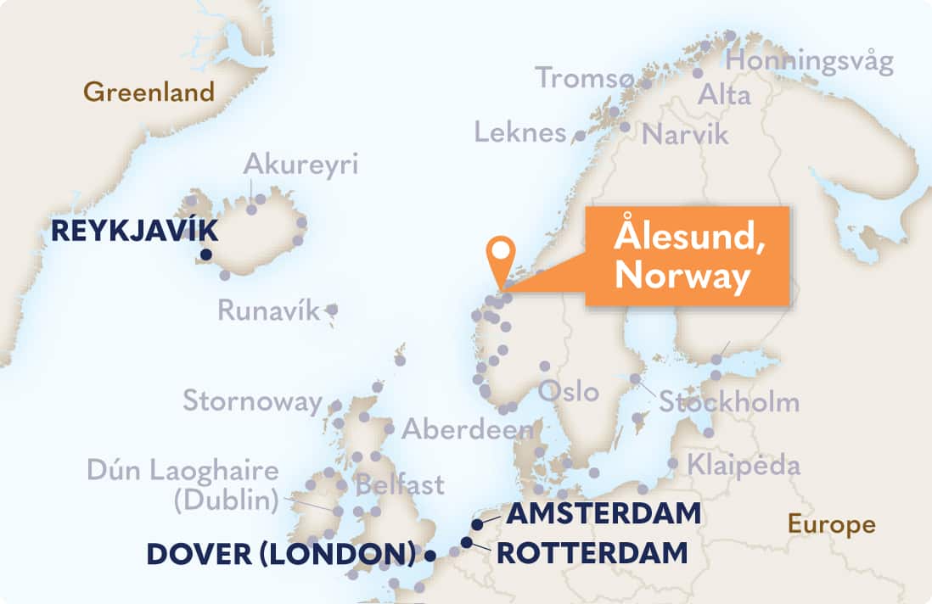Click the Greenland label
pyautogui.click(x=149, y=92)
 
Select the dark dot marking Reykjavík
pyautogui.click(x=205, y=254)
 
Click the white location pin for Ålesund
pyautogui.click(x=502, y=251)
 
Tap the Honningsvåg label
pyautogui.click(x=810, y=62)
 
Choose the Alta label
pyautogui.click(x=724, y=96)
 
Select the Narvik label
pyautogui.click(x=686, y=134)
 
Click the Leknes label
pyautogui.click(x=520, y=132)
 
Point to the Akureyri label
pyautogui.click(x=300, y=164)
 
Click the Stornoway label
pyautogui.click(x=253, y=400)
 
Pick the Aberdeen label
pyautogui.click(x=468, y=429)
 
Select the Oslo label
pyautogui.click(x=569, y=392)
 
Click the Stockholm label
pyautogui.click(x=729, y=401)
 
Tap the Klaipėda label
pyautogui.click(x=744, y=465)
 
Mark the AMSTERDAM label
pyautogui.click(x=604, y=513)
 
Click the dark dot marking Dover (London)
pyautogui.click(x=430, y=556)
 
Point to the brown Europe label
pyautogui.click(x=831, y=524)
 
